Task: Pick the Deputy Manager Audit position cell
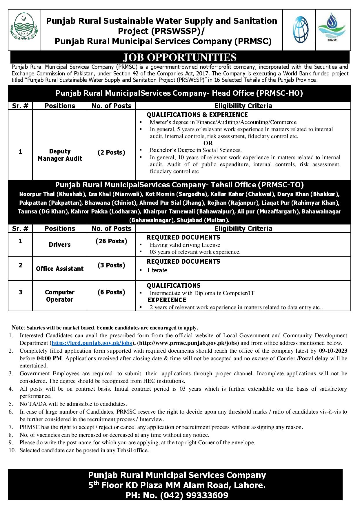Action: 60,155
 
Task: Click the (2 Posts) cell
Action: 111,152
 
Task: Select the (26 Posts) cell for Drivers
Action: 111,241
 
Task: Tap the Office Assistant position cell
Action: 60,269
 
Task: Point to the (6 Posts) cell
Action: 111,292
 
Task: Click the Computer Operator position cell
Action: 60,296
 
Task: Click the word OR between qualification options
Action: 208,143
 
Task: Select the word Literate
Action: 157,270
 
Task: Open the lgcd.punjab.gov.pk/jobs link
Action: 92,343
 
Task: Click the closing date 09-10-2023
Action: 334,351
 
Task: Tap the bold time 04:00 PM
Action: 49,358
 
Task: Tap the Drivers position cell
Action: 60,244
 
